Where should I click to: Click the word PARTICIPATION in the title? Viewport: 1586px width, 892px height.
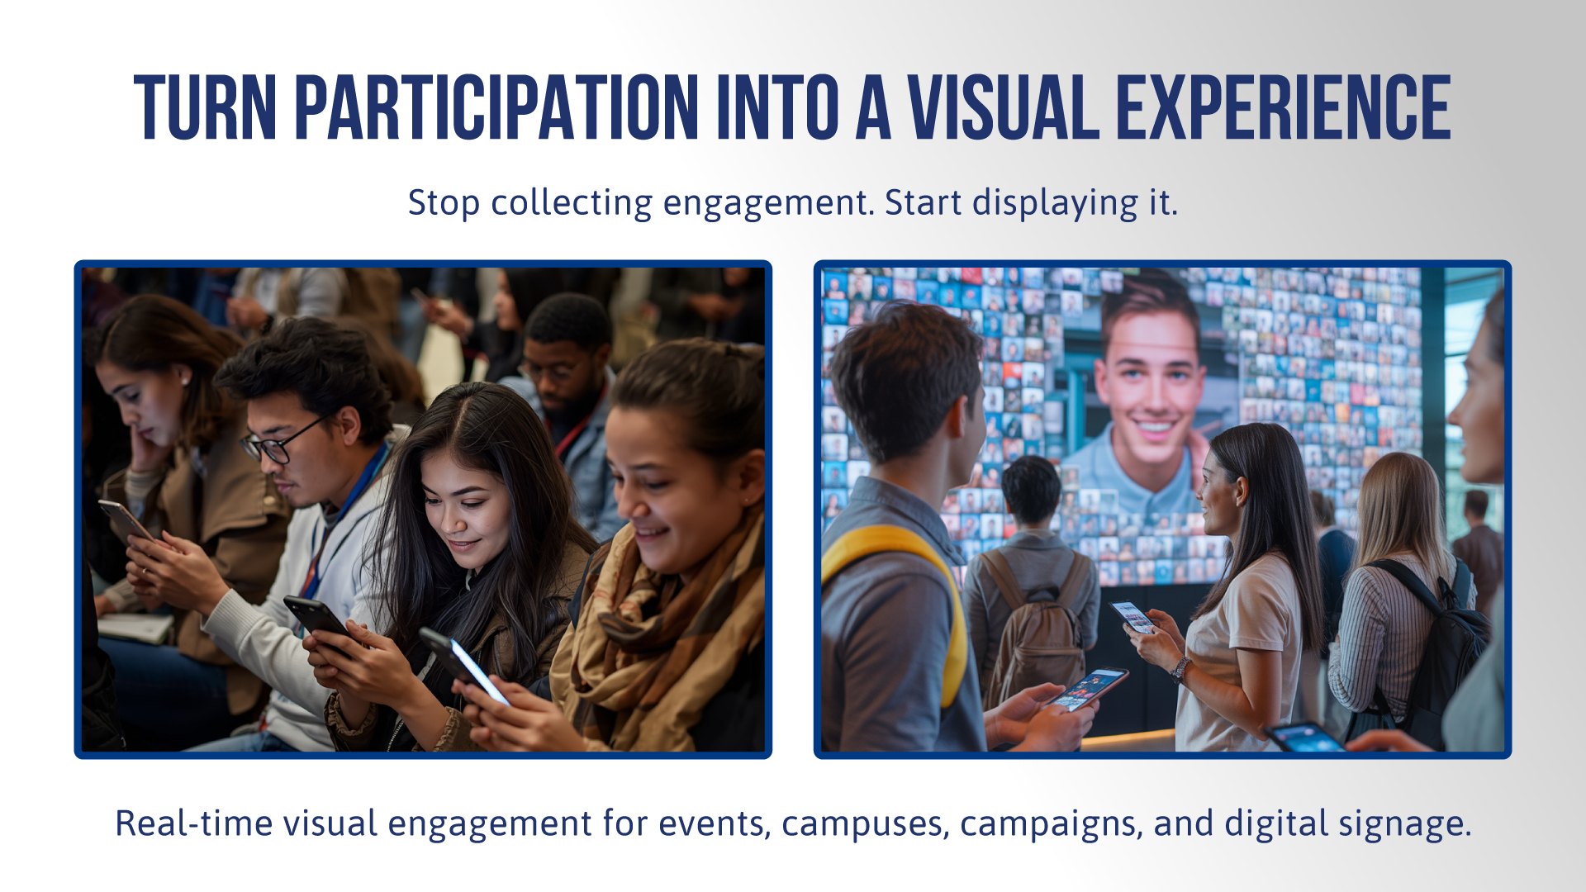click(496, 107)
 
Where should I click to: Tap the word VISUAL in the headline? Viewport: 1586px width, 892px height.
click(1004, 107)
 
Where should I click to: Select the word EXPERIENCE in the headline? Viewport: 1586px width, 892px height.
click(1284, 107)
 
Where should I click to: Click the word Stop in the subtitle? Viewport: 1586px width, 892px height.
click(444, 203)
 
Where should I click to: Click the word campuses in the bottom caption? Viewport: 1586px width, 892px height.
click(866, 824)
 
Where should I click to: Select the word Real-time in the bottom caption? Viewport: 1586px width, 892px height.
click(194, 823)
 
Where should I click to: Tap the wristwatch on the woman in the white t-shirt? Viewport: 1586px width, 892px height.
click(1181, 669)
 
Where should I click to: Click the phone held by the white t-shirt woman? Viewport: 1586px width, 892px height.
click(1133, 616)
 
